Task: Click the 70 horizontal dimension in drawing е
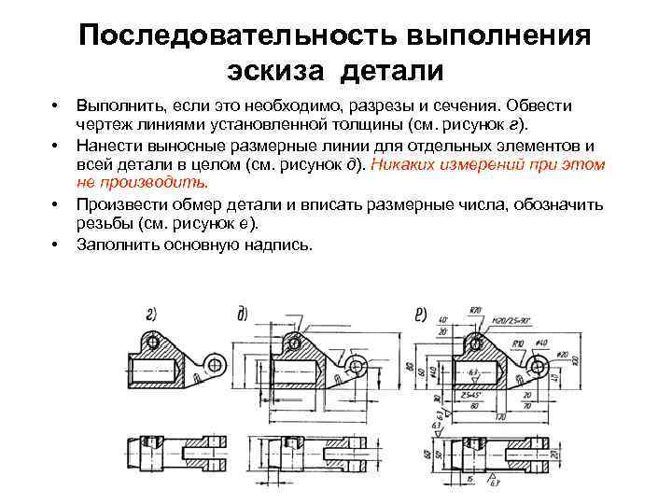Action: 526,406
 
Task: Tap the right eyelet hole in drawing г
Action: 215,363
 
